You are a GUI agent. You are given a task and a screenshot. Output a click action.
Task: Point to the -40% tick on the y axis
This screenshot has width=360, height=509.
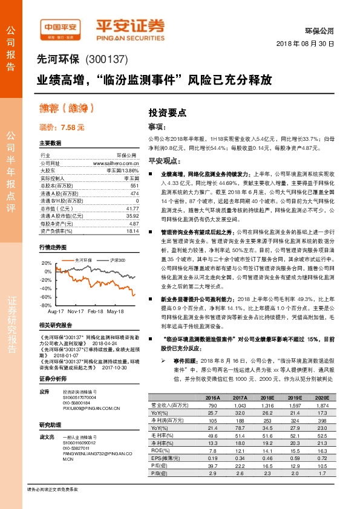pyautogui.click(x=45, y=289)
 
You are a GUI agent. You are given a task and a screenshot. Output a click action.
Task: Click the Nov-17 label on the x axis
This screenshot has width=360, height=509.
pyautogui.click(x=76, y=311)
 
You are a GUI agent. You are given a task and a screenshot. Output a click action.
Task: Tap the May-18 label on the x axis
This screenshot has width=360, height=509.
pyautogui.click(x=116, y=311)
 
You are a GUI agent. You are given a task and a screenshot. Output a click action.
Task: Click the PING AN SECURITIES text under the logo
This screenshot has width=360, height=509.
pyautogui.click(x=130, y=35)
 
